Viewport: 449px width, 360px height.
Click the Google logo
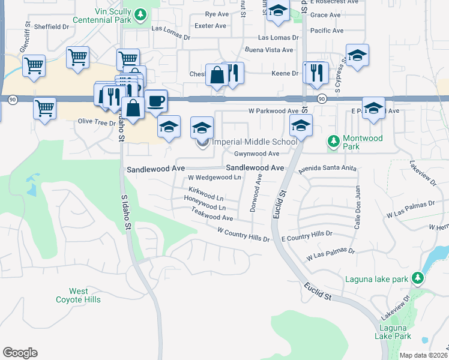click(20, 353)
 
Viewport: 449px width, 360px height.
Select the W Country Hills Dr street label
click(243, 234)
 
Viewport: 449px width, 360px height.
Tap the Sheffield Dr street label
click(52, 27)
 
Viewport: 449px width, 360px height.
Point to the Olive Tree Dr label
click(97, 122)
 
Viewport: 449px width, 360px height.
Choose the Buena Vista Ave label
click(269, 50)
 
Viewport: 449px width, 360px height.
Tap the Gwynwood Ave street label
click(257, 154)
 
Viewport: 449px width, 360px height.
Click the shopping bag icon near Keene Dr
click(216, 75)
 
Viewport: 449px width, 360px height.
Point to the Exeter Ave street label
click(211, 26)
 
